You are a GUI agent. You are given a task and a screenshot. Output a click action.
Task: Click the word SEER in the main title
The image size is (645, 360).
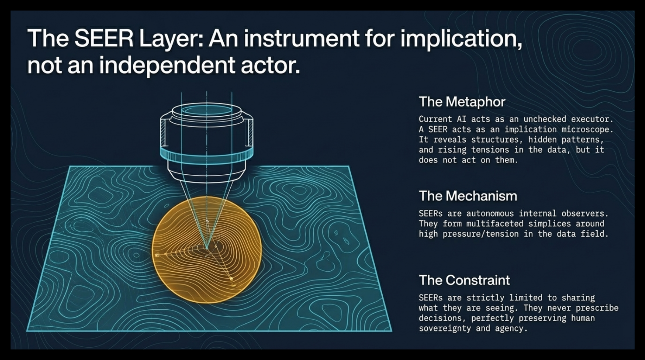coord(104,38)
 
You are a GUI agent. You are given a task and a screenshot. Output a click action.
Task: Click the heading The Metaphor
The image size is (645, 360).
coord(462,102)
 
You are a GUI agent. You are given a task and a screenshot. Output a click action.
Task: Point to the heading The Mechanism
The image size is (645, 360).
coord(468,196)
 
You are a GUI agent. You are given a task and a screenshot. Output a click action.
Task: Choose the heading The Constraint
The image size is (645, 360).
coord(464,280)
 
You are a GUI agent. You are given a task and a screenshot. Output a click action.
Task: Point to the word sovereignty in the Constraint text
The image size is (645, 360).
coord(445,328)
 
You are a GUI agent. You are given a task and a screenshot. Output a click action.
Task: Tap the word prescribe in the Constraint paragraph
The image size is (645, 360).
coord(597,308)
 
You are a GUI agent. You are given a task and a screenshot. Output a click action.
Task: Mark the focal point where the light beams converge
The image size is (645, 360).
coord(207,247)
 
